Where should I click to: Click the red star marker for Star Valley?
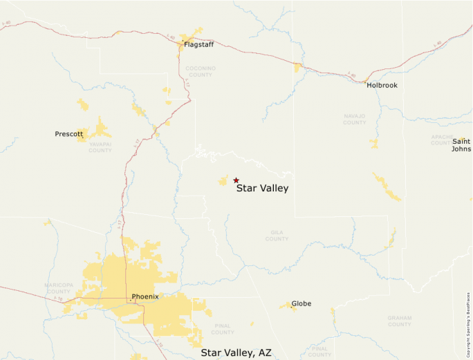pos(236,180)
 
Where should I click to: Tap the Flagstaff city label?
pos(198,44)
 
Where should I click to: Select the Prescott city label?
pos(69,133)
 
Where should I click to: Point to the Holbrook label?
pos(382,85)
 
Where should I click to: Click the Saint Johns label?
pos(461,144)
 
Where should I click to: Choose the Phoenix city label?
pos(145,296)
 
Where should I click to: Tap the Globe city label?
pos(302,303)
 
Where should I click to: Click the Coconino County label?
pos(200,72)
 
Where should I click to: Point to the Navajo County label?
pos(355,120)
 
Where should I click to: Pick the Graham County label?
pos(400,321)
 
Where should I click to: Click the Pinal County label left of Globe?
pos(223,329)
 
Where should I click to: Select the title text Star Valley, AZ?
pos(236,352)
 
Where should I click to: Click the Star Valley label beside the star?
pos(262,188)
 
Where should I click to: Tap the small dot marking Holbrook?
pos(367,82)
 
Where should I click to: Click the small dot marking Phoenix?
pos(129,299)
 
